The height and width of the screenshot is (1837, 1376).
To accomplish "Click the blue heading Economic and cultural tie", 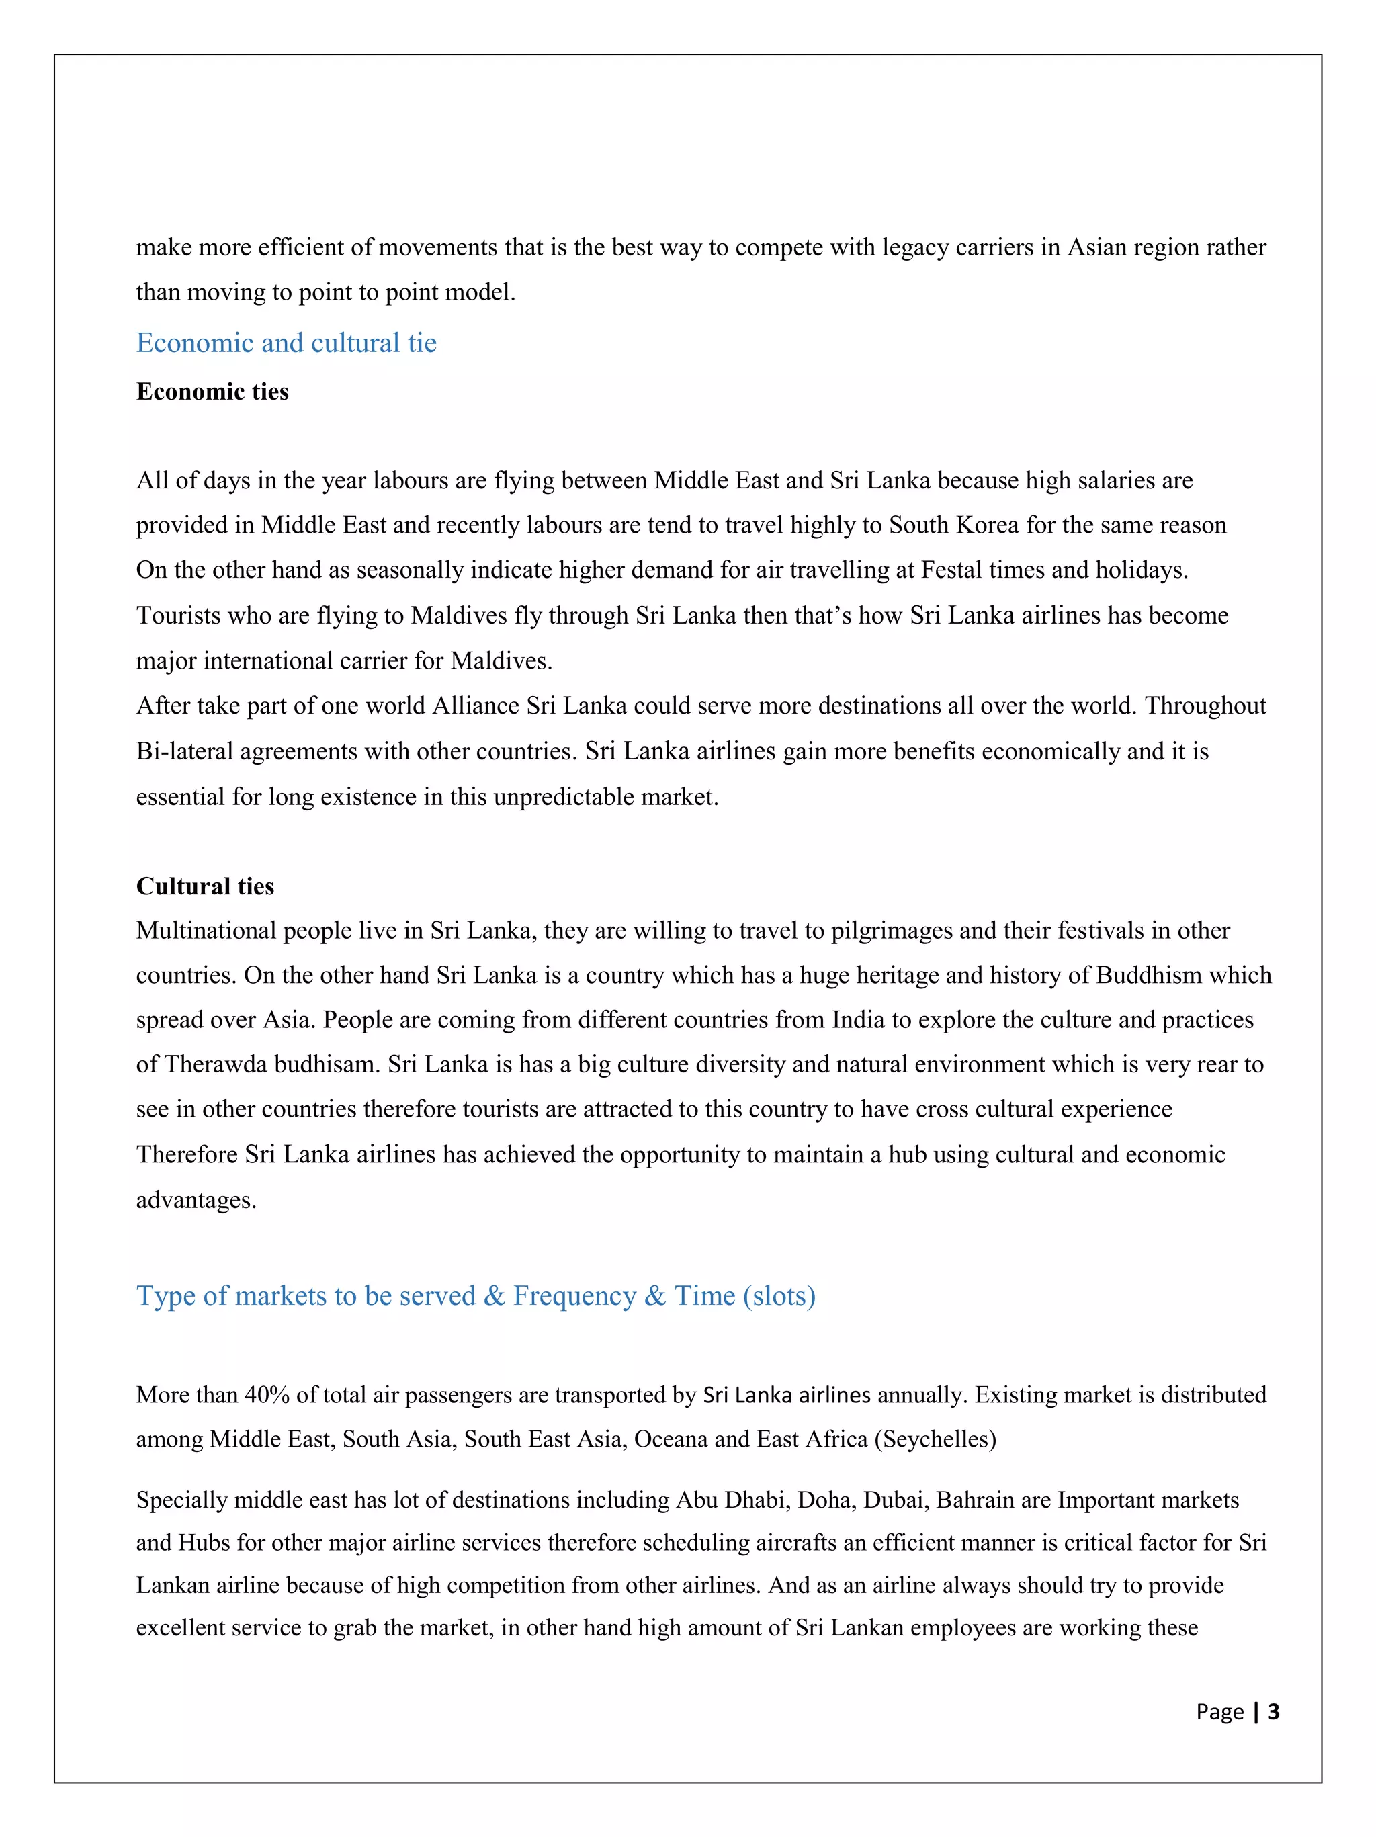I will click(x=286, y=343).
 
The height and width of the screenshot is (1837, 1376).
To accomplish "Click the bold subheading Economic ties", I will click(x=212, y=392).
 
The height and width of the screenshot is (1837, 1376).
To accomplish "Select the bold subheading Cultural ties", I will click(x=205, y=886).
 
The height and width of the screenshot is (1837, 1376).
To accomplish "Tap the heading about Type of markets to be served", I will click(x=475, y=1295).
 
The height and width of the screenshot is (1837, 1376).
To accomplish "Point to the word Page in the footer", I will click(x=1219, y=1711).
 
